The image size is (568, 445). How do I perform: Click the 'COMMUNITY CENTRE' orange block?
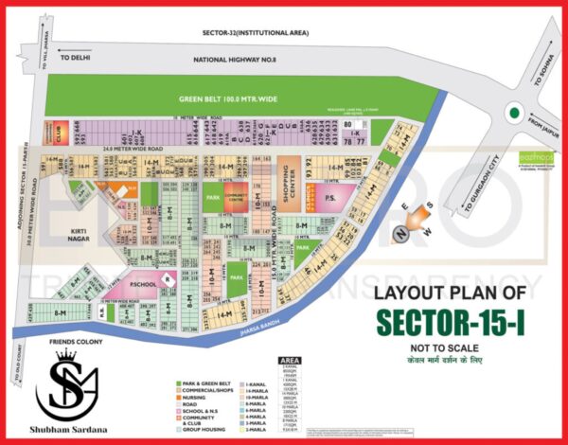coord(233,199)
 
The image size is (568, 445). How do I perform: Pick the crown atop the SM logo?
coord(66,357)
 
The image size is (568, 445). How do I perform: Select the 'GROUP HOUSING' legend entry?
coord(202,427)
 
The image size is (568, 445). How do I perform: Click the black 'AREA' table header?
coord(290,361)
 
